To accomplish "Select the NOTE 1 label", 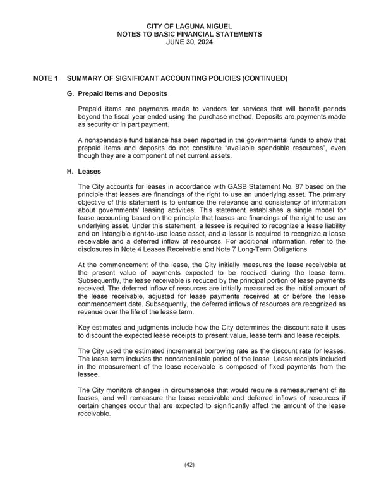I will pos(45,78).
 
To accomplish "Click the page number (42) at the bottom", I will pos(189,464).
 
